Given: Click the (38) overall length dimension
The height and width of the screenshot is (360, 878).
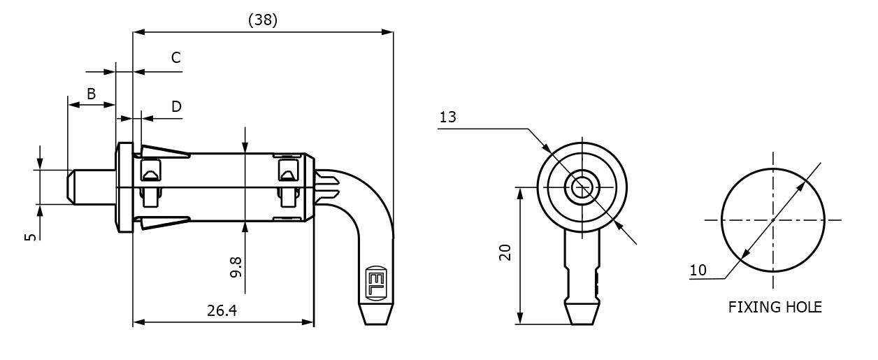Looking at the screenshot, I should [x=263, y=20].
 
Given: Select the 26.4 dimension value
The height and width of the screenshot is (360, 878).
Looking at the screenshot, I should [x=222, y=310].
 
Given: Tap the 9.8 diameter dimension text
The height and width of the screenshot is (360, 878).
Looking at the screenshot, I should [x=236, y=266].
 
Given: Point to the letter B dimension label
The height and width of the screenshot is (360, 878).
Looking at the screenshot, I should [x=91, y=94].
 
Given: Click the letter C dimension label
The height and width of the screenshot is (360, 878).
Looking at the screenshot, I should [x=176, y=57].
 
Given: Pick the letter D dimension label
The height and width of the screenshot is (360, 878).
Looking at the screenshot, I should [x=176, y=106].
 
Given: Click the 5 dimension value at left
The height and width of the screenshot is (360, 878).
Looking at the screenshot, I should [x=30, y=237].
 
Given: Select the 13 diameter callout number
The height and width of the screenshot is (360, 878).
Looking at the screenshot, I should [x=448, y=117].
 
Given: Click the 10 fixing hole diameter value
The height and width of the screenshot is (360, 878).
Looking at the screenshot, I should [x=697, y=270].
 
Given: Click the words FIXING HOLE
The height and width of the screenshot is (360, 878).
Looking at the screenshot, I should [x=775, y=307].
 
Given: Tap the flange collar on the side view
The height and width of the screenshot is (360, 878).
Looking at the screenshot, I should [x=125, y=187].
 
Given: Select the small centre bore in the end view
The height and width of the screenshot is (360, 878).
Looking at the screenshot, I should [x=582, y=187].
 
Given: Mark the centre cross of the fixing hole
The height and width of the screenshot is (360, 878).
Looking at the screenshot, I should [x=772, y=220].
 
